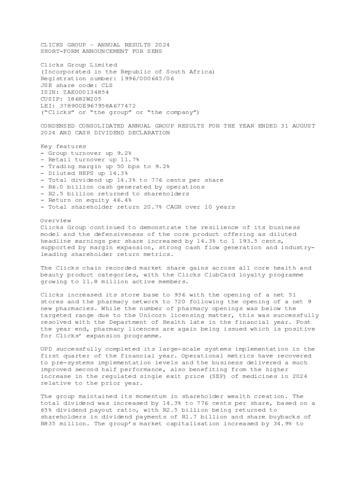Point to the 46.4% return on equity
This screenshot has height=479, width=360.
pyautogui.click(x=116, y=200)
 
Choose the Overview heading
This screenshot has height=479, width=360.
pyautogui.click(x=56, y=221)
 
